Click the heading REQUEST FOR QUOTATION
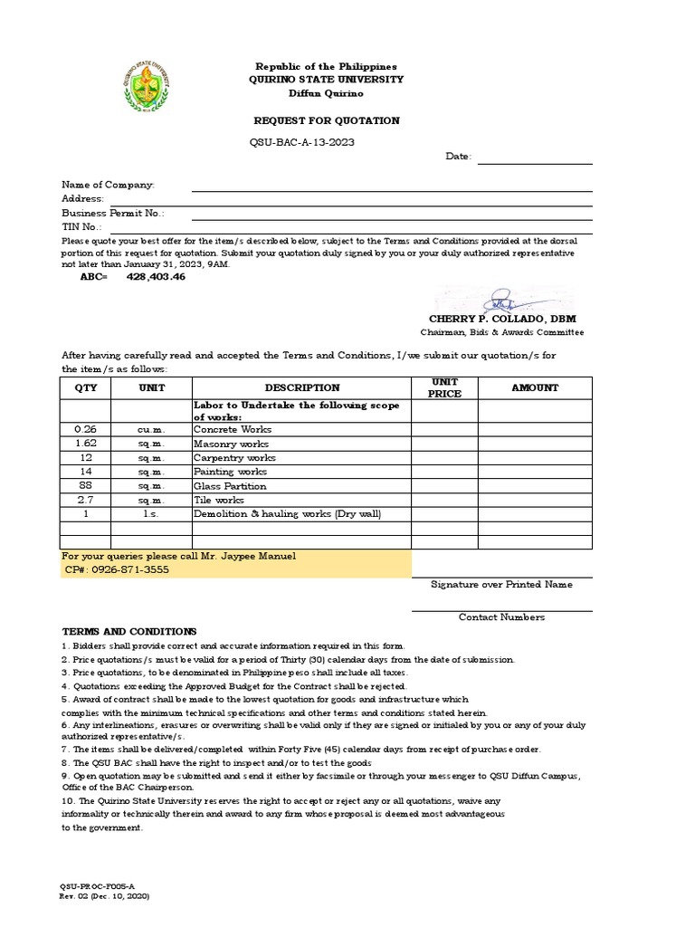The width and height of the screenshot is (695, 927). point(326,120)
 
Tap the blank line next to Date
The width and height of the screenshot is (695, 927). point(534,158)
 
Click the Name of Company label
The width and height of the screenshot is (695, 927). point(108,185)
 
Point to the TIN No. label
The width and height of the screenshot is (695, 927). point(81,226)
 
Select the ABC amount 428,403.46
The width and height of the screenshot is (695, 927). point(156,277)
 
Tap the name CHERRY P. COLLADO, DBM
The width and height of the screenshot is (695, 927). point(502,320)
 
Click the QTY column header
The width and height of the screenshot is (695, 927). point(85,387)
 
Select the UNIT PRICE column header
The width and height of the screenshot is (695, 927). point(445,387)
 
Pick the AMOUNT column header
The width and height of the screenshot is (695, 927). point(535,387)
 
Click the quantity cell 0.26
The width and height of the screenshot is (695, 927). point(85,429)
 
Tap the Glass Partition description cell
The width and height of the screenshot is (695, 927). point(230,486)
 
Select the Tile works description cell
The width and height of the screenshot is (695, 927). point(219,500)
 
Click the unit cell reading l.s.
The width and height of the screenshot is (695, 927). point(150,514)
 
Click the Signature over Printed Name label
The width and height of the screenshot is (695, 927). point(501,585)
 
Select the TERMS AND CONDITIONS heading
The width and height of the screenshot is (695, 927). point(129,631)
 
